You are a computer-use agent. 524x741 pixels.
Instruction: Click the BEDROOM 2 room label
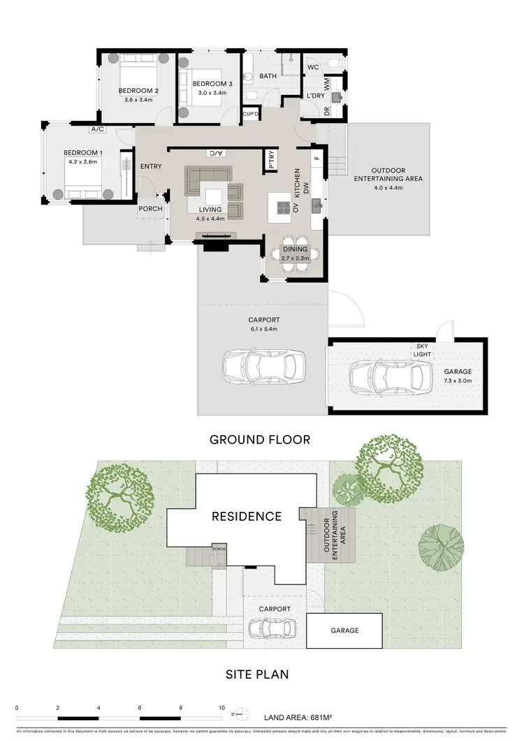tap(138, 90)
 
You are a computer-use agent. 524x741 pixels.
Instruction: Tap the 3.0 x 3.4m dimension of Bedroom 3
tap(213, 93)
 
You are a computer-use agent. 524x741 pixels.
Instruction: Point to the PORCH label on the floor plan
tap(150, 208)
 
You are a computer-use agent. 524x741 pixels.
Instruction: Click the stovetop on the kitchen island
tap(284, 207)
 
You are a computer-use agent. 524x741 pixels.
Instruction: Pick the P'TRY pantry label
tap(271, 161)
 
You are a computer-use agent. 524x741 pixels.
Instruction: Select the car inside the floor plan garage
tap(388, 377)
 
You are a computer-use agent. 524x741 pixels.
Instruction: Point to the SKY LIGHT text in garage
tap(423, 351)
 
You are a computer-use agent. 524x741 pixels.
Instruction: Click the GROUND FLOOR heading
tap(260, 439)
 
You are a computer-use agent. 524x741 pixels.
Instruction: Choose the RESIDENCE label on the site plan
tap(247, 517)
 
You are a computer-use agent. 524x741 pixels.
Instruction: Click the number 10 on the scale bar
tap(221, 707)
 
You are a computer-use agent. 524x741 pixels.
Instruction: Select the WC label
tap(312, 67)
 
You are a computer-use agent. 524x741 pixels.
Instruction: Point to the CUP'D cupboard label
tap(250, 114)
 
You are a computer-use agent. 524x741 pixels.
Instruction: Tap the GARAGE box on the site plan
tap(344, 630)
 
